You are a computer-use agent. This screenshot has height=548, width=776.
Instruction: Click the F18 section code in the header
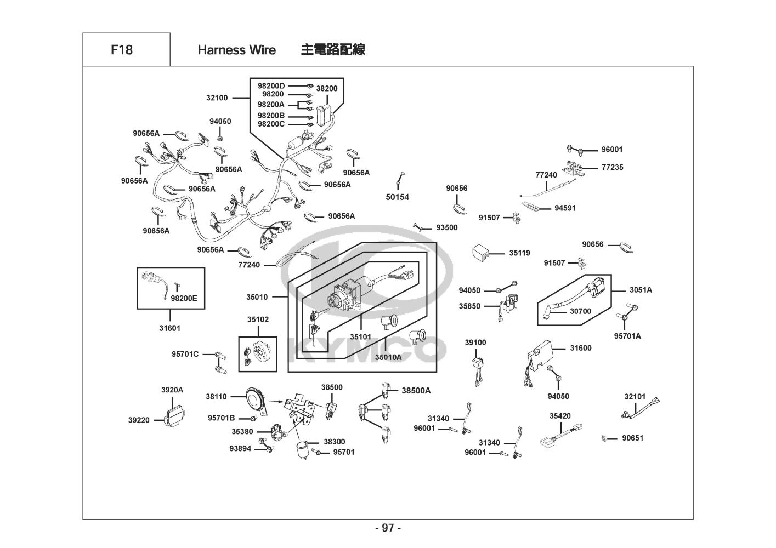121,50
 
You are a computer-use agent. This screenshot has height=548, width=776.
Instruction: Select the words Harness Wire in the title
236,50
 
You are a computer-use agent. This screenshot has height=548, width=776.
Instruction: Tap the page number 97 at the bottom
388,528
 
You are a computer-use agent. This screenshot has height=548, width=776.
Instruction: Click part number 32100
217,98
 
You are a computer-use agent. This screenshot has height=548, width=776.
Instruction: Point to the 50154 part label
398,197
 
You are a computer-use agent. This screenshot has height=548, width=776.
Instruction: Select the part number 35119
519,253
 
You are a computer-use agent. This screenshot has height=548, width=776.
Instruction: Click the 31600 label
581,348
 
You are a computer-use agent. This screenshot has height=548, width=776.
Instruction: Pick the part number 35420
560,416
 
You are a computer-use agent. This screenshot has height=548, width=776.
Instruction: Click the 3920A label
172,390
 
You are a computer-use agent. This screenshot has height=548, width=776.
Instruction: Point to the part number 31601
169,328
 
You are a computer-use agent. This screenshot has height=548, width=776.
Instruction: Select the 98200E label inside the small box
184,299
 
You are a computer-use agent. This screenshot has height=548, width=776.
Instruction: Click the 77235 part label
612,167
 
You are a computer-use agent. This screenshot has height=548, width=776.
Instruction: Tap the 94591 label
565,208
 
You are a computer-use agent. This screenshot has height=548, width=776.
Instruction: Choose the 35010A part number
388,357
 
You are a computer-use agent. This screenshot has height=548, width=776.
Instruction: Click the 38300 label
334,442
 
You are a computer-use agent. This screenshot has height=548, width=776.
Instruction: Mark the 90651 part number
632,438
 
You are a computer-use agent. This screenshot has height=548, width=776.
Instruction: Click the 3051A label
641,290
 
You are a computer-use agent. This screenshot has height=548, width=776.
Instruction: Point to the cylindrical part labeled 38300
302,449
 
